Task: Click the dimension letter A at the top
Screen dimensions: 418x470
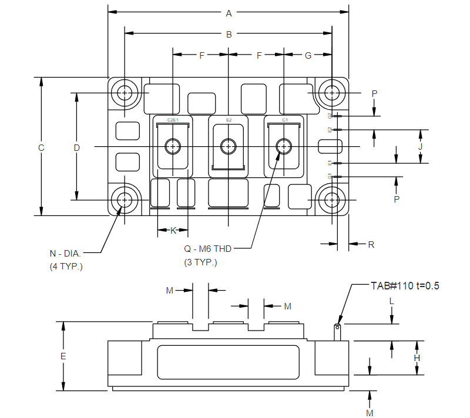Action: pyautogui.click(x=229, y=12)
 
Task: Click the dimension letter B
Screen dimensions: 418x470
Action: pyautogui.click(x=229, y=35)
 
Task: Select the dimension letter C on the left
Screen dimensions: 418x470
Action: pyautogui.click(x=41, y=148)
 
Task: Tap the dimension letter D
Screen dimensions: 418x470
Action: pyautogui.click(x=76, y=148)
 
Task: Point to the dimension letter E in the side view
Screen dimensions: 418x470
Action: pyautogui.click(x=63, y=356)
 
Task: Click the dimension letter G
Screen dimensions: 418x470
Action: pyautogui.click(x=308, y=55)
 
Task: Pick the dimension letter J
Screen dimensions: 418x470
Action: pyautogui.click(x=420, y=146)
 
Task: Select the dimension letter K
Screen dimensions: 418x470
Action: pyautogui.click(x=173, y=231)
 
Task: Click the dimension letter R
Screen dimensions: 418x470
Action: pyautogui.click(x=371, y=244)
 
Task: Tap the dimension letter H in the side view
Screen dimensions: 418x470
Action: pyautogui.click(x=417, y=358)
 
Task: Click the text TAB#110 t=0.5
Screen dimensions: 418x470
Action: pyautogui.click(x=405, y=286)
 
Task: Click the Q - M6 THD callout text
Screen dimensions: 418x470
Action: pyautogui.click(x=208, y=248)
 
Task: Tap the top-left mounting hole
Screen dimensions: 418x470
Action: pyautogui.click(x=125, y=93)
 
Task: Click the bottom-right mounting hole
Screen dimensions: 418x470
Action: pyautogui.click(x=333, y=200)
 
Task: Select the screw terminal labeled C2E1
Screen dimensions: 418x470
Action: pyautogui.click(x=173, y=146)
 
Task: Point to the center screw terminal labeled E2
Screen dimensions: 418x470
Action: pyautogui.click(x=228, y=146)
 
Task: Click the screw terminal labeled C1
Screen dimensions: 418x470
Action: pyautogui.click(x=284, y=146)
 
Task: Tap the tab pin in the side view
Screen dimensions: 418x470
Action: pyautogui.click(x=338, y=332)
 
